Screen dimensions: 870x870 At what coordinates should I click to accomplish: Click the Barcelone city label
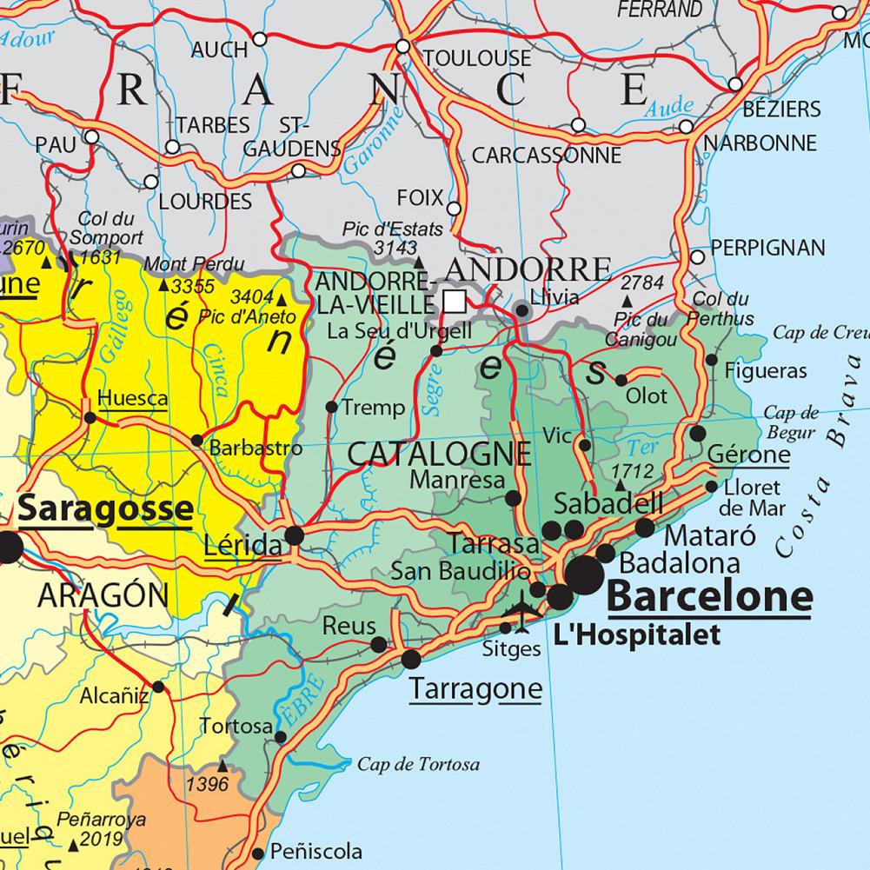coord(709,597)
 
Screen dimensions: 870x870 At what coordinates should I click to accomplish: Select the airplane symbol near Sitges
coord(524,608)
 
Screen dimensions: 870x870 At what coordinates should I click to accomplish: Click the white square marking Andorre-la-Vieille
coord(453,301)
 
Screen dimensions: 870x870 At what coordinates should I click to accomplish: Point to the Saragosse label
coord(105,509)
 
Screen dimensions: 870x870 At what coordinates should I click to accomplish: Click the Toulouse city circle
coord(402,45)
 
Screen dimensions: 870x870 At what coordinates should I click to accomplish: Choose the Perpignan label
coord(767,248)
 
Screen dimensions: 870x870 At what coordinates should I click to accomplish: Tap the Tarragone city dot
coord(410,660)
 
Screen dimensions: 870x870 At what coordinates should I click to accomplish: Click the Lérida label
coord(242,547)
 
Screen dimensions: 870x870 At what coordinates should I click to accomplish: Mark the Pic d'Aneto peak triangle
coord(281,301)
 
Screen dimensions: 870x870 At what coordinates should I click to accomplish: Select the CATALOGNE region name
coord(439,454)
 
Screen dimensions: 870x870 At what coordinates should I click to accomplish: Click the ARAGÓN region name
coord(103,596)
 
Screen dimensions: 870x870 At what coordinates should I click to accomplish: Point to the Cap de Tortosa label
coord(418,765)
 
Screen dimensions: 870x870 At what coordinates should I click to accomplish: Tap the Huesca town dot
coord(90,418)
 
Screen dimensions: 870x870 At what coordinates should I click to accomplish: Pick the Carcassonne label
coord(547,156)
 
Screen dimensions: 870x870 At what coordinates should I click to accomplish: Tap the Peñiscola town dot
coord(257,853)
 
